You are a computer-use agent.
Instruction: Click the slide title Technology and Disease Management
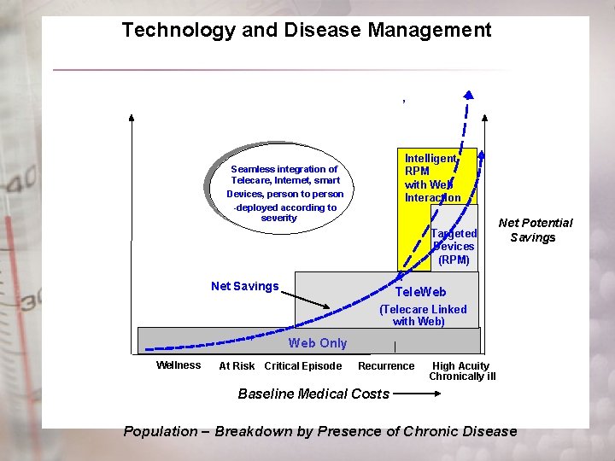pyautogui.click(x=306, y=31)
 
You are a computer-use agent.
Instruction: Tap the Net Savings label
pyautogui.click(x=244, y=286)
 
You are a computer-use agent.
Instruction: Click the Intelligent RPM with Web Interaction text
pyautogui.click(x=431, y=178)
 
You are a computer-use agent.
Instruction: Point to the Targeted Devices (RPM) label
pyautogui.click(x=454, y=247)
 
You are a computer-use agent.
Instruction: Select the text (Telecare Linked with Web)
pyautogui.click(x=423, y=315)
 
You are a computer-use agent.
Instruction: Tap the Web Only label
pyautogui.click(x=318, y=343)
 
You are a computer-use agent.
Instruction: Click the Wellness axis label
pyautogui.click(x=179, y=365)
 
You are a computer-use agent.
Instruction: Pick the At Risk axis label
pyautogui.click(x=237, y=366)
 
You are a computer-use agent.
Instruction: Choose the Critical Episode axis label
pyautogui.click(x=303, y=366)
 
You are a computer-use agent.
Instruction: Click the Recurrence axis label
pyautogui.click(x=386, y=366)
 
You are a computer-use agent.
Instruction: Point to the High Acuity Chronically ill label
pyautogui.click(x=462, y=371)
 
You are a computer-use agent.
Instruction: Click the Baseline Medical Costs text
pyautogui.click(x=313, y=394)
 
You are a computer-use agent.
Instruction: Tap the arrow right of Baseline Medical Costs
pyautogui.click(x=419, y=394)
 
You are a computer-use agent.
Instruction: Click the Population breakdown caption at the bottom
pyautogui.click(x=320, y=431)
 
